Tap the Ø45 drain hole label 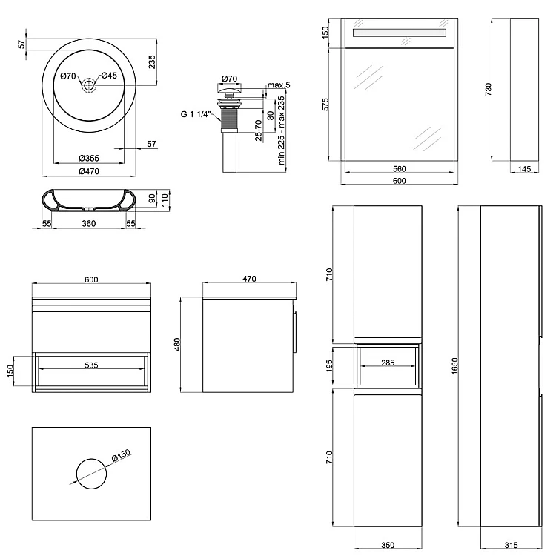point(109,76)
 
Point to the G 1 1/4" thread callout point(196,114)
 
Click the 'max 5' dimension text point(278,85)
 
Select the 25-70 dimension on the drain point(257,130)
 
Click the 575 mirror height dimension point(325,104)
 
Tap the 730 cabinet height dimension point(488,89)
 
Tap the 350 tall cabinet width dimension point(388,545)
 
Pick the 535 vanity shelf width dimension point(92,365)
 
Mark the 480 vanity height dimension point(177,345)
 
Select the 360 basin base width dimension point(89,223)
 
